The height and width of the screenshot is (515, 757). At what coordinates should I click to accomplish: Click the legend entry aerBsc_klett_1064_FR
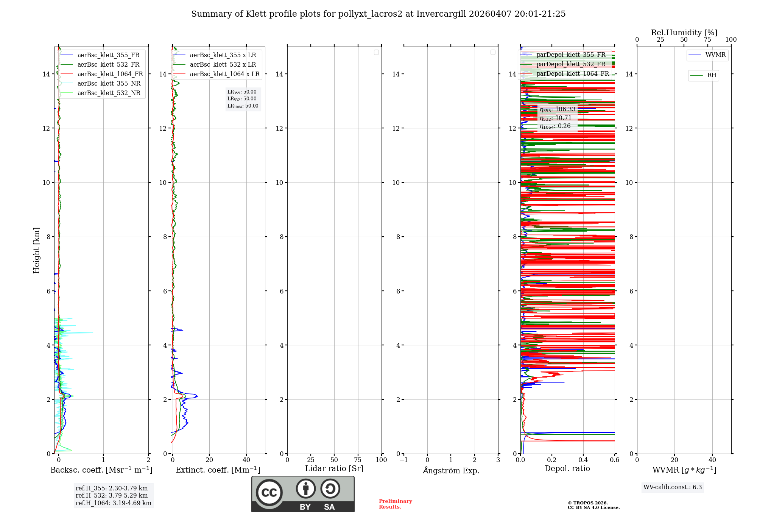coord(110,74)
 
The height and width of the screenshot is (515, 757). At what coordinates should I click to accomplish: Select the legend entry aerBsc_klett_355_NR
coord(109,84)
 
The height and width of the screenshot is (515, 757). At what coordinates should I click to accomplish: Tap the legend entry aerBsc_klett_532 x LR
coord(223,65)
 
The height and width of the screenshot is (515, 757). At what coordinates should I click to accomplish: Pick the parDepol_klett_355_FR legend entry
coord(571,55)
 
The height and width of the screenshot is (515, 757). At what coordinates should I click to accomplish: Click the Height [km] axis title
coord(36,250)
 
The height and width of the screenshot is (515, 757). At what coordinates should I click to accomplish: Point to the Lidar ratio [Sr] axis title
coord(334,469)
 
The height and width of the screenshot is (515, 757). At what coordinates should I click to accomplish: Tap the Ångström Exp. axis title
coord(451,470)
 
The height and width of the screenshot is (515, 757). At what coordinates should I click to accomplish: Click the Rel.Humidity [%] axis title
coord(684,33)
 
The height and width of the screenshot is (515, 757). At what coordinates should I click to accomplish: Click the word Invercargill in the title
coord(441,14)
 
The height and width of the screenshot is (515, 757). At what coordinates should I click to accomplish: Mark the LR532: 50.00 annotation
coord(242,99)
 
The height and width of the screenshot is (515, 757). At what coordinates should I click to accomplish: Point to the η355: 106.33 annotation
coord(558,109)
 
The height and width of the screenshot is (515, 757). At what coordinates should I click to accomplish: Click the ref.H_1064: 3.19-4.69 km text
coord(114,503)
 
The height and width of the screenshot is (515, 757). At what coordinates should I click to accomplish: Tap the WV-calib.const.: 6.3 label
coord(673,487)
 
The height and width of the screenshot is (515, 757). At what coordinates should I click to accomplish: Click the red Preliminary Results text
coord(395,504)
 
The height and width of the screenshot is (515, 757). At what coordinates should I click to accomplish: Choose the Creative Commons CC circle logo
coord(269,493)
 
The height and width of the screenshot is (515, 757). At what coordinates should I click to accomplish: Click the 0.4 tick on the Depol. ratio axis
coord(583,460)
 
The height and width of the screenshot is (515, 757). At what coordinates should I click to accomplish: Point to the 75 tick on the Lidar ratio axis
coord(358,460)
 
